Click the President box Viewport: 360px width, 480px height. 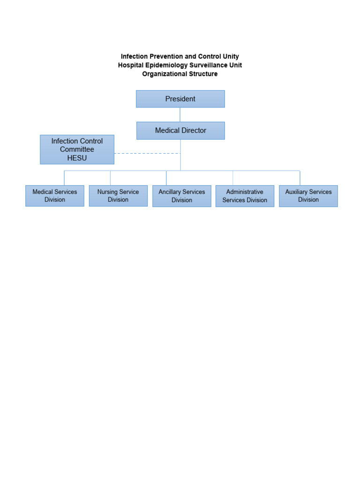click(180, 99)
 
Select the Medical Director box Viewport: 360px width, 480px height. click(180, 131)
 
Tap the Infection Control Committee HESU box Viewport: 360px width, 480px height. click(77, 150)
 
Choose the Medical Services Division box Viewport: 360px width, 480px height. click(55, 196)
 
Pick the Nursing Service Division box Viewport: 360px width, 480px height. click(118, 196)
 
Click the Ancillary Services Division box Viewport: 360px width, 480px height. click(182, 196)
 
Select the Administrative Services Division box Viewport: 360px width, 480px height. click(245, 196)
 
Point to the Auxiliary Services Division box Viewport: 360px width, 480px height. click(308, 196)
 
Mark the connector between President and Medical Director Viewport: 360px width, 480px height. click(180, 115)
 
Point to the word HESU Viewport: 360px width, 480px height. click(77, 158)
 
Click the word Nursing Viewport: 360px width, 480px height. click(107, 192)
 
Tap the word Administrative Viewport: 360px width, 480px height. click(245, 192)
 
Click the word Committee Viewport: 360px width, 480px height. click(77, 150)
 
